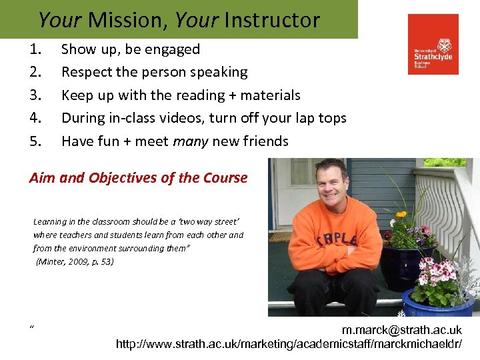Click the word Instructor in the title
[271, 20]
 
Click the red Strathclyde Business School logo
[433, 44]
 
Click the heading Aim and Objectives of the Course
[138, 178]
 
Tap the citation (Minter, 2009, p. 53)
[75, 261]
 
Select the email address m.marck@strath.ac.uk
[401, 330]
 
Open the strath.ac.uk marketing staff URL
[288, 344]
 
